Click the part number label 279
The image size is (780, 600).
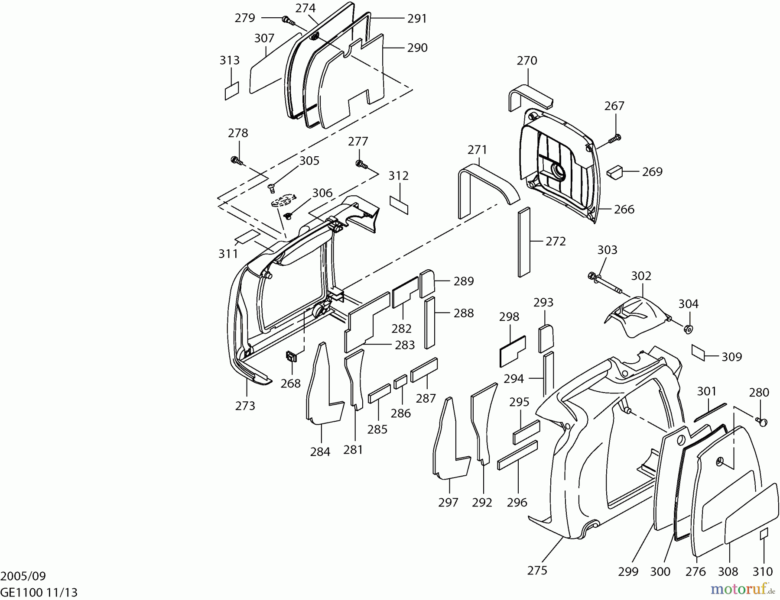coord(245,18)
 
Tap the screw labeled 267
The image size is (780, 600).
coord(614,139)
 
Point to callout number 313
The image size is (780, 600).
coord(229,60)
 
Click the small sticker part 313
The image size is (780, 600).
coord(232,91)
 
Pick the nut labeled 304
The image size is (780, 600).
coord(687,329)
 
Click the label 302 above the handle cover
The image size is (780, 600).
coord(641,276)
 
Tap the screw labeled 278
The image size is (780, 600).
coord(236,161)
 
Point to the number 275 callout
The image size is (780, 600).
coord(537,571)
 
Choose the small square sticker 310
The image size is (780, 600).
coord(764,534)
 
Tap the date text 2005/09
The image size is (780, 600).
coord(23,576)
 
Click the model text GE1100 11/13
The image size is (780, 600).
coord(39,592)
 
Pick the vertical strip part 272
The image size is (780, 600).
coord(523,242)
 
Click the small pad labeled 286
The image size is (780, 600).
coord(400,382)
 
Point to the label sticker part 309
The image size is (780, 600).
coord(699,352)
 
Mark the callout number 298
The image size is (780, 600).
coord(509,317)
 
